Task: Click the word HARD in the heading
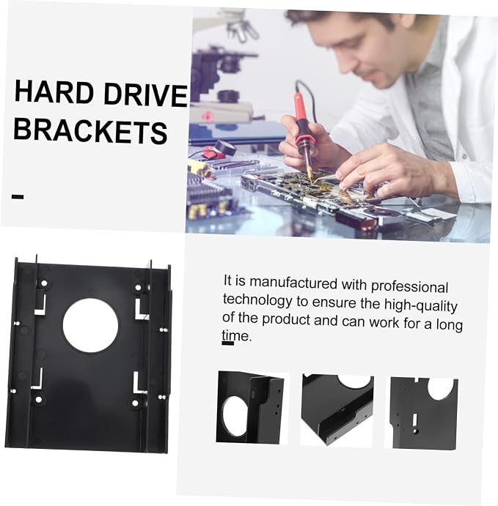tap(54, 92)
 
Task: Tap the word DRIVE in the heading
tap(146, 94)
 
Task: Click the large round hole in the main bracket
tap(90, 325)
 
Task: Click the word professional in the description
tap(409, 287)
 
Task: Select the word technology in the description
tap(257, 300)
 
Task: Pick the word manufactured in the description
tap(293, 283)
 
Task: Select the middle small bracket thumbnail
tap(337, 410)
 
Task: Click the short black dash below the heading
tap(18, 196)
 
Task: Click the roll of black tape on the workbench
tap(225, 147)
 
